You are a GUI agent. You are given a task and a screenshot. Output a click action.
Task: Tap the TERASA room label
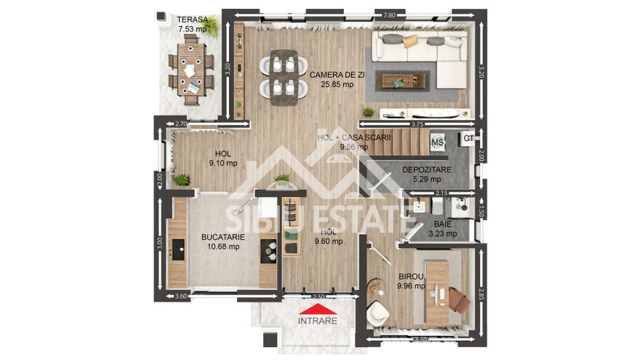[x=193, y=19]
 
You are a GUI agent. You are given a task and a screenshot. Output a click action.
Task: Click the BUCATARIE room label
[x=220, y=237]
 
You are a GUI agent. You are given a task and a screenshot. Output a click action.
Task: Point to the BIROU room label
[x=411, y=277]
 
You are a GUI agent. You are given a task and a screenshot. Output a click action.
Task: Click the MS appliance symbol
[x=437, y=142]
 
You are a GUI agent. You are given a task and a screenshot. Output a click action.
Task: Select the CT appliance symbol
[x=468, y=139]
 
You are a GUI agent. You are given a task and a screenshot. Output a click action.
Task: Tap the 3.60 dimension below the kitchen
[x=181, y=296]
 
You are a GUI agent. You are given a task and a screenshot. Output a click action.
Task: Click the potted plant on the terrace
[x=212, y=27]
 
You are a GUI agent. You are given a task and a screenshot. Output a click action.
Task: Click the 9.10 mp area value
[x=223, y=163]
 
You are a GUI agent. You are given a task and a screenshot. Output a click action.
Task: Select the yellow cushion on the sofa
[x=410, y=42]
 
